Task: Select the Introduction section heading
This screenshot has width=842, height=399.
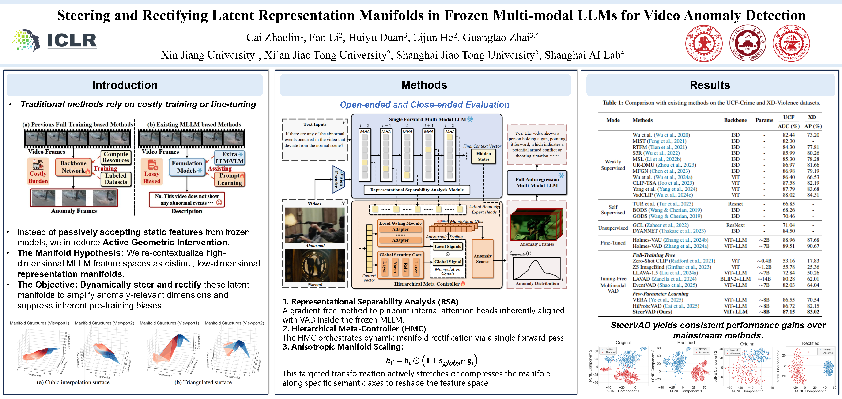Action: (x=125, y=85)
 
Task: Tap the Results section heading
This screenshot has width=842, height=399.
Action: (x=710, y=85)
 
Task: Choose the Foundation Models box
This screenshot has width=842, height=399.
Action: (x=187, y=167)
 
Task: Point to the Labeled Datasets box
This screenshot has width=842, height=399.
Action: (x=116, y=179)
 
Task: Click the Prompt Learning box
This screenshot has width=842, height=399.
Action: (x=230, y=179)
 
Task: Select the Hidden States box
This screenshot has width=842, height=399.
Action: (x=483, y=156)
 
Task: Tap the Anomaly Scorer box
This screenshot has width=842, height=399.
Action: (x=483, y=259)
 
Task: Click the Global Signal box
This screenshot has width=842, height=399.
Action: (x=447, y=262)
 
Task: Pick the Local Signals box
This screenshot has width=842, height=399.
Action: (x=447, y=246)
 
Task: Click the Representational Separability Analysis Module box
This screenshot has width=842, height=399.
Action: (x=417, y=190)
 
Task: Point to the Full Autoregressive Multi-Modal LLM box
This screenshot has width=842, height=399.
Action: (x=537, y=182)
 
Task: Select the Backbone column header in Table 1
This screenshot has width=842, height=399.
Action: (x=735, y=120)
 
